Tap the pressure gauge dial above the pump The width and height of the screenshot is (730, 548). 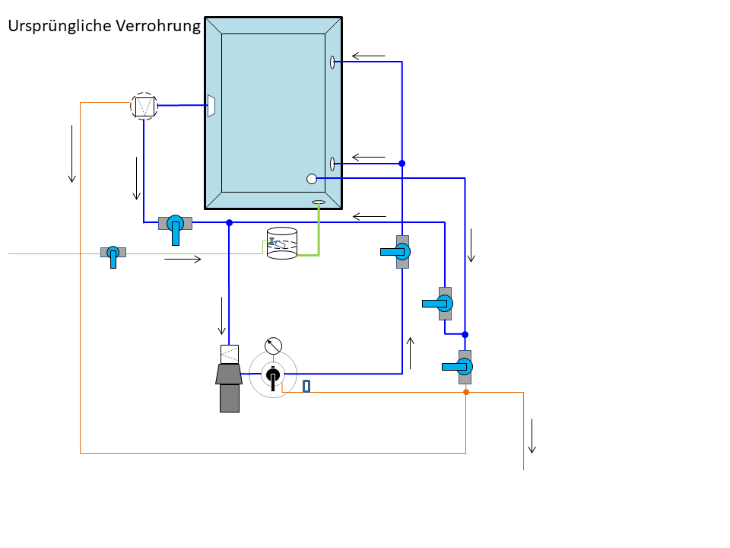click(273, 346)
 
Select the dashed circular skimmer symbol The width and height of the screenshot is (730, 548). click(144, 107)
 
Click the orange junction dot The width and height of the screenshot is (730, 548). click(466, 392)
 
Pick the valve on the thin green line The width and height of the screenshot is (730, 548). click(113, 256)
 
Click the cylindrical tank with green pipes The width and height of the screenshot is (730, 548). click(282, 244)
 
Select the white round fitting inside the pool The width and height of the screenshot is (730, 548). click(312, 178)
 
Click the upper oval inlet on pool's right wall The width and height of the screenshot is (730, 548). click(332, 62)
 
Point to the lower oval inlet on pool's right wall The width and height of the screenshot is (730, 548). click(332, 164)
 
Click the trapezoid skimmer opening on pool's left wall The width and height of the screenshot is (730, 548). click(211, 106)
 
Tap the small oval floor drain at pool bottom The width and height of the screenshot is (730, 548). click(319, 202)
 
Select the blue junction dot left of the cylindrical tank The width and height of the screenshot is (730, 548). click(229, 223)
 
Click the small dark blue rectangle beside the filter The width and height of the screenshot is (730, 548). click(306, 386)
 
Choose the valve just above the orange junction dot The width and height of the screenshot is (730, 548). click(460, 367)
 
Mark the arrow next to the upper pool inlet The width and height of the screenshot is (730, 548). click(369, 56)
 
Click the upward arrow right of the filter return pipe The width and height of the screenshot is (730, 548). click(410, 353)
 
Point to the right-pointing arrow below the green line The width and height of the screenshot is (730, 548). click(183, 259)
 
